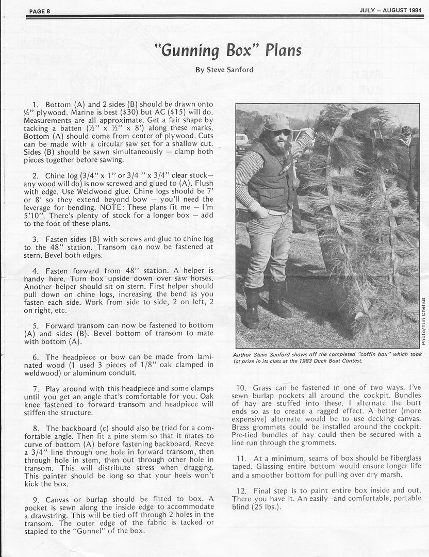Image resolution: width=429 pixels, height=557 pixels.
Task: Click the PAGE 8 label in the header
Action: pos(40,10)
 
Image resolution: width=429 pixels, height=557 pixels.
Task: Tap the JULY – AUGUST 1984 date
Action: pos(391,10)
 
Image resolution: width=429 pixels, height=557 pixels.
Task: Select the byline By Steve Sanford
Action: pos(224,70)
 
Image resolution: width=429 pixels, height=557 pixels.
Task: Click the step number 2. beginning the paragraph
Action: pos(35,176)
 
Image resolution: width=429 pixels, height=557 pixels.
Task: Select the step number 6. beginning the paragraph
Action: pos(35,357)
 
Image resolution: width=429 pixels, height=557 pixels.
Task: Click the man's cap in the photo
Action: pos(277,122)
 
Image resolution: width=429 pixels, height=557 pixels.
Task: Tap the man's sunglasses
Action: pos(282,133)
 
